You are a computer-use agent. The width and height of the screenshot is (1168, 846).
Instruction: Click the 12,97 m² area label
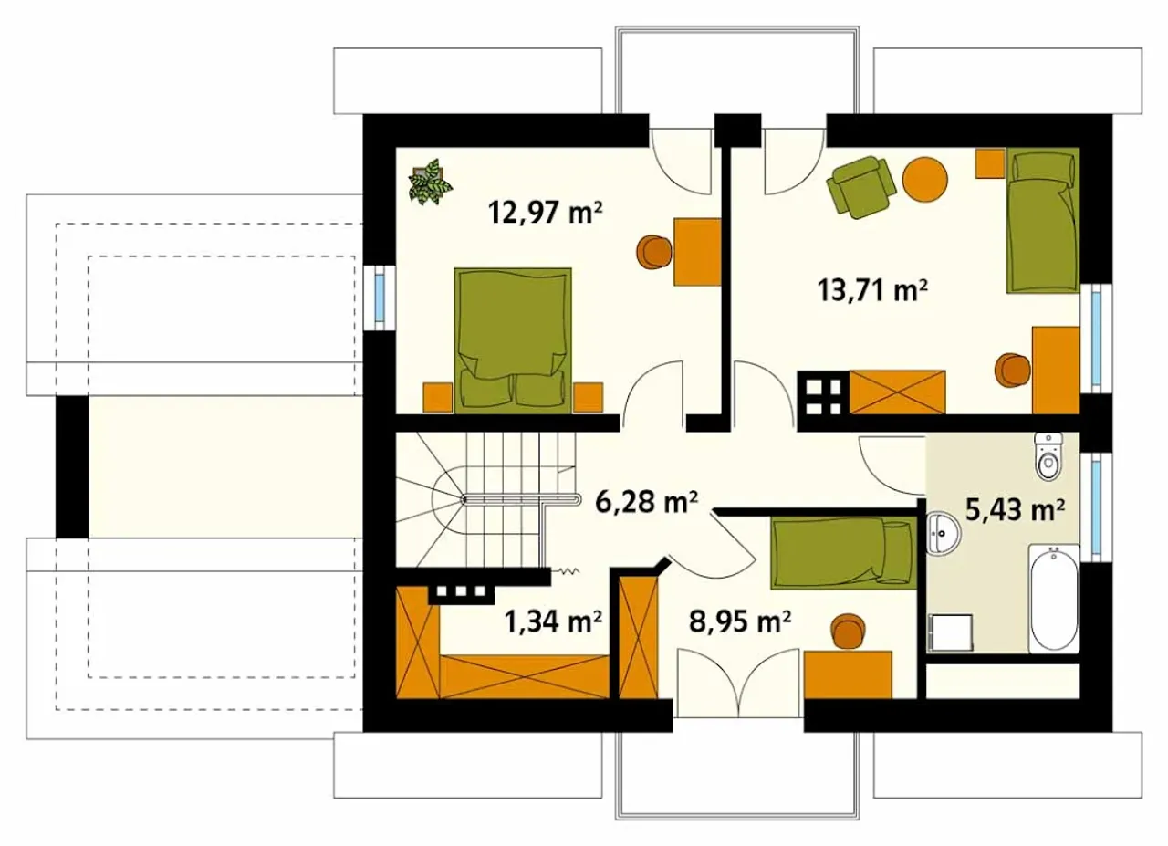(x=546, y=213)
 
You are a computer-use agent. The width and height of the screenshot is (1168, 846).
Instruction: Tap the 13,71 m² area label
(x=873, y=290)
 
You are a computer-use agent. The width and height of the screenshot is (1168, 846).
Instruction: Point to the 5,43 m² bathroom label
(x=1015, y=509)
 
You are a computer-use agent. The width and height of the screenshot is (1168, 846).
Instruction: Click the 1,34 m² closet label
(x=553, y=621)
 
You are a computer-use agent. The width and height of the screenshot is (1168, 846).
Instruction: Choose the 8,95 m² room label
(x=740, y=621)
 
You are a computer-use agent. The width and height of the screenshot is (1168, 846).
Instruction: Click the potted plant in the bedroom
(x=430, y=182)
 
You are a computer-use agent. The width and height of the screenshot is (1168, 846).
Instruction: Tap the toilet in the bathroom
(x=1048, y=456)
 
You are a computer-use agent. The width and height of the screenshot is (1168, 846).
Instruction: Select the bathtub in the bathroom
(x=1054, y=598)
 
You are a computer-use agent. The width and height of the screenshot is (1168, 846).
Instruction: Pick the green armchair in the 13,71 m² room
(x=860, y=186)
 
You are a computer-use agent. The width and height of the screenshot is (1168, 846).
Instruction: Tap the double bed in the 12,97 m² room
(x=513, y=340)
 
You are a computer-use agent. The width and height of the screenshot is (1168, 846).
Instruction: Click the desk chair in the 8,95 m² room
(x=849, y=632)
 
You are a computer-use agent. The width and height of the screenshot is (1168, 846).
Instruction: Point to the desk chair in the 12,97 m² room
(x=653, y=252)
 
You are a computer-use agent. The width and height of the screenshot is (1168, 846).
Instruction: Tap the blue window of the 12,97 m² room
(x=379, y=296)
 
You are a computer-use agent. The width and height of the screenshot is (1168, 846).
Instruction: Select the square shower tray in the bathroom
(x=951, y=632)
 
